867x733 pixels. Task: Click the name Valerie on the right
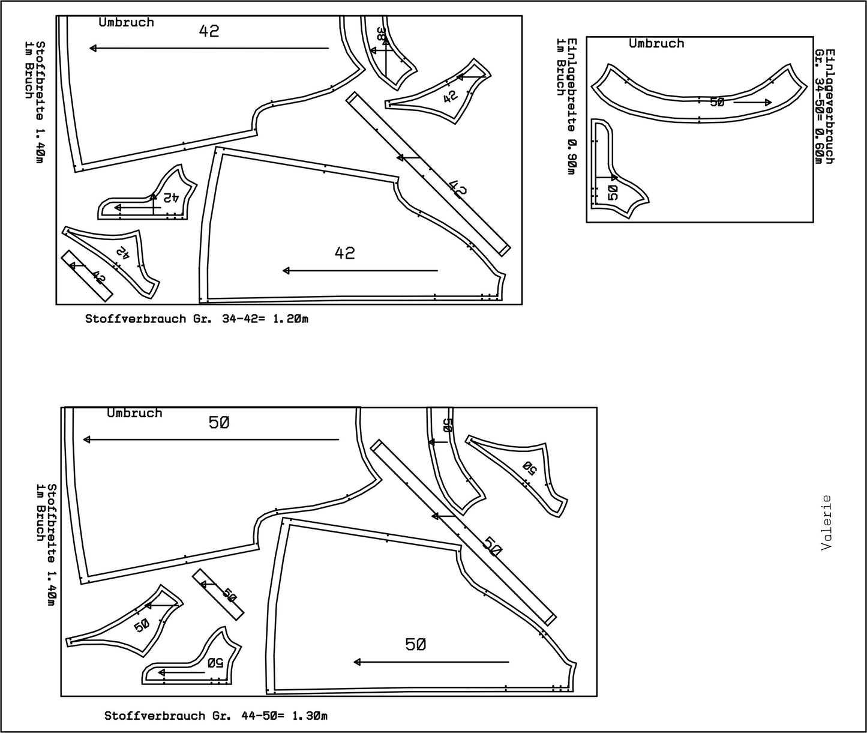(x=827, y=522)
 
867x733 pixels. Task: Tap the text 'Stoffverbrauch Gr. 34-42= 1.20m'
(x=197, y=319)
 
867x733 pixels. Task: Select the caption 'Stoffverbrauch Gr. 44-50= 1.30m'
(x=216, y=716)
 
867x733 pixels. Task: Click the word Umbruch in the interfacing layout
(x=656, y=43)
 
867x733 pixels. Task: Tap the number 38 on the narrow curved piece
(x=381, y=35)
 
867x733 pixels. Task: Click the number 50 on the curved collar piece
(x=717, y=102)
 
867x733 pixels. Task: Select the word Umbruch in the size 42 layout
(x=126, y=22)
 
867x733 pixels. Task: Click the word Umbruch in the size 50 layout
(x=134, y=413)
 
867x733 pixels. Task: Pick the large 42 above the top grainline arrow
(x=209, y=31)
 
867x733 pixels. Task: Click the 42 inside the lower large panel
(x=344, y=253)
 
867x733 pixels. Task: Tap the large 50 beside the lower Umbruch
(x=219, y=423)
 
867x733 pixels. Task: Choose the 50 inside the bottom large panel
(x=416, y=645)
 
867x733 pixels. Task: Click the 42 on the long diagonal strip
(x=458, y=187)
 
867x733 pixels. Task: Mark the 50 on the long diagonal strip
(x=492, y=547)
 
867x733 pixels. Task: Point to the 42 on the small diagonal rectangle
(x=98, y=279)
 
